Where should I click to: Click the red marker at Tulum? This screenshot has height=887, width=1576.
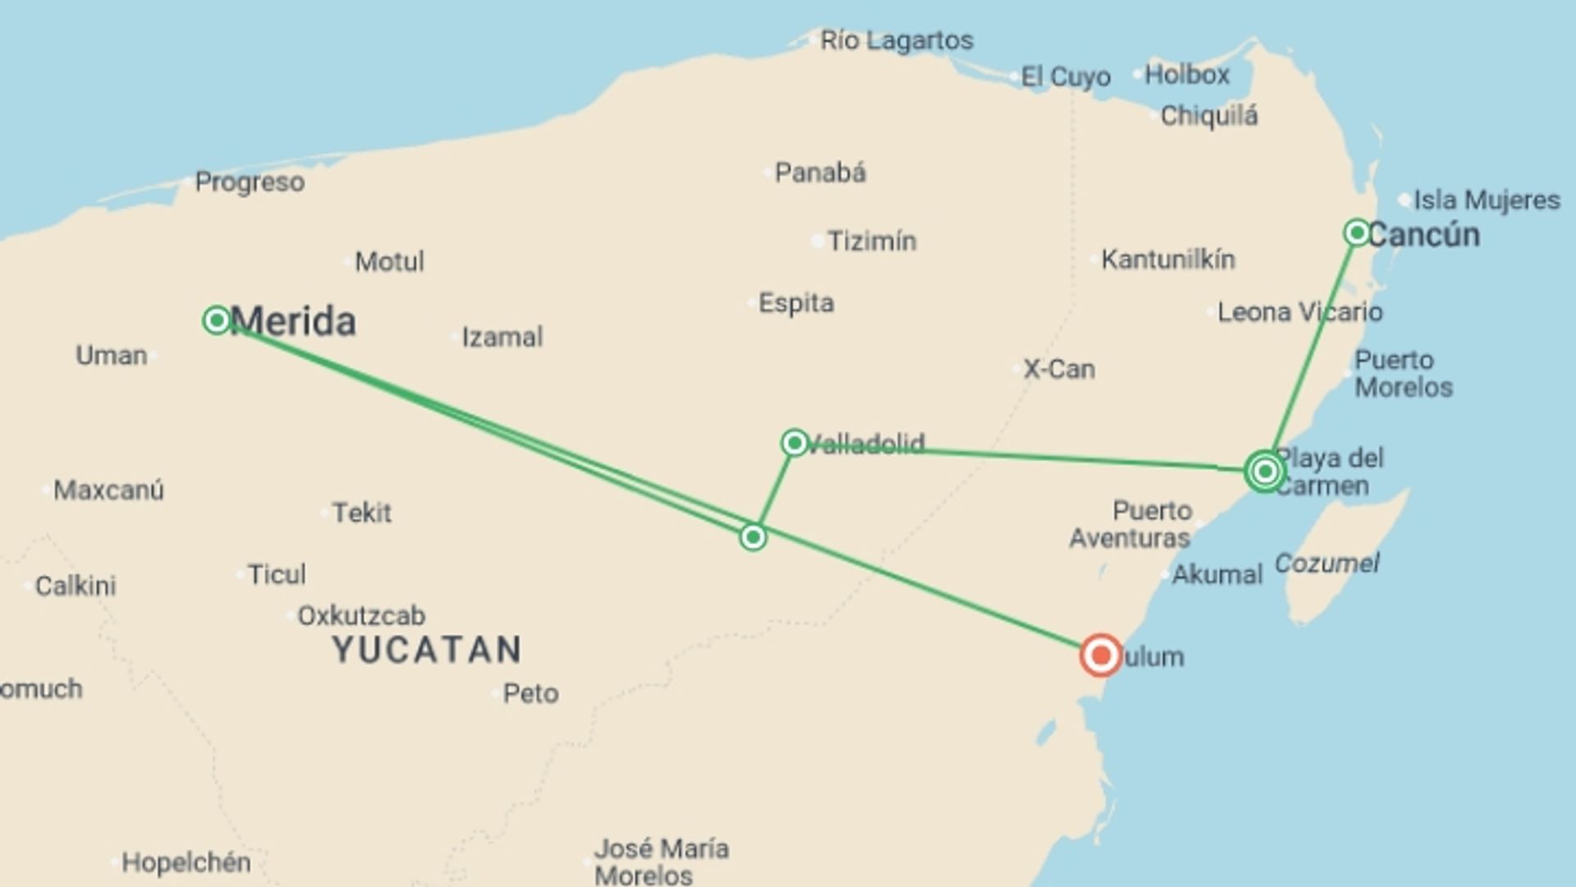click(x=1100, y=655)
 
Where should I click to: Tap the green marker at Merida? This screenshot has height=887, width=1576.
click(x=217, y=319)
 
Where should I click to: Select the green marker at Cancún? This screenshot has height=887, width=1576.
click(x=1357, y=232)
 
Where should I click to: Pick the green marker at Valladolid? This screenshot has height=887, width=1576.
click(x=794, y=443)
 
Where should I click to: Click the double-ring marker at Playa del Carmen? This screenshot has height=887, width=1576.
click(x=1265, y=471)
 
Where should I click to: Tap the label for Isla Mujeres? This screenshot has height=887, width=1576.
click(x=1486, y=200)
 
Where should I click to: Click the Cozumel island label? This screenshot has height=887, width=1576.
click(x=1326, y=563)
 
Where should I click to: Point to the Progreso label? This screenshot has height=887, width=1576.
click(x=250, y=182)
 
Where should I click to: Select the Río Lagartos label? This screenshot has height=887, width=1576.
click(x=896, y=40)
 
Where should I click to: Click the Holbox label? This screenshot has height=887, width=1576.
click(x=1187, y=75)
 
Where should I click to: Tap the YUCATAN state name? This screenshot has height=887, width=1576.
click(x=427, y=650)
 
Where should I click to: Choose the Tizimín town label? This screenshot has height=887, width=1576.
click(x=871, y=241)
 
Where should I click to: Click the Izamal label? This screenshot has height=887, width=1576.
click(x=502, y=337)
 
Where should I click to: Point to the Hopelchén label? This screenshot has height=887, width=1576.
click(x=186, y=862)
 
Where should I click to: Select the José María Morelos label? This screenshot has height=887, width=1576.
click(x=661, y=861)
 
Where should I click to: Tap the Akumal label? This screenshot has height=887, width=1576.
click(x=1216, y=574)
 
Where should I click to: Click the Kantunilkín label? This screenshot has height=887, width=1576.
click(x=1167, y=260)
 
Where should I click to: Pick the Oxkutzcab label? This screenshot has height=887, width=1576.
click(x=361, y=615)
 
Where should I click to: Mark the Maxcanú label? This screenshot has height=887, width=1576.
click(x=108, y=490)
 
